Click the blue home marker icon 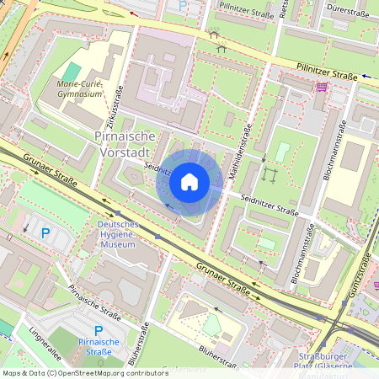(x=189, y=182)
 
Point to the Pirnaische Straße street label (x=95, y=304)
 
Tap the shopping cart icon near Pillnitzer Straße (x=321, y=86)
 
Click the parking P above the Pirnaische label (x=99, y=330)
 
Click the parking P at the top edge (x=184, y=5)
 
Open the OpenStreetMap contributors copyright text (x=85, y=372)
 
